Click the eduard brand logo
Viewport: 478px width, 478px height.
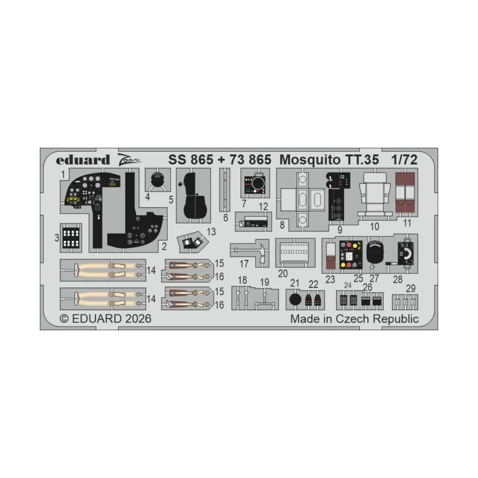83,160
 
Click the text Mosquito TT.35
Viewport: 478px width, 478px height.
329,160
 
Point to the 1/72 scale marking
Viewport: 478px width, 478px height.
405,160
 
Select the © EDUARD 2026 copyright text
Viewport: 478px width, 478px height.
106,319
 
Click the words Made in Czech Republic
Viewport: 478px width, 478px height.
355,319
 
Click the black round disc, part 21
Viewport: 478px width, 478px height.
295,300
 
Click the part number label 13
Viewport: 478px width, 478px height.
212,232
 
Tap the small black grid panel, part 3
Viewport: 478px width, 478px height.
71,238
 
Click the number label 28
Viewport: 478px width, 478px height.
398,280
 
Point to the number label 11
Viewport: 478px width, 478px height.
407,223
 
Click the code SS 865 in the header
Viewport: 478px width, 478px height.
190,160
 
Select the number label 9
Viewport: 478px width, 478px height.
340,230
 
